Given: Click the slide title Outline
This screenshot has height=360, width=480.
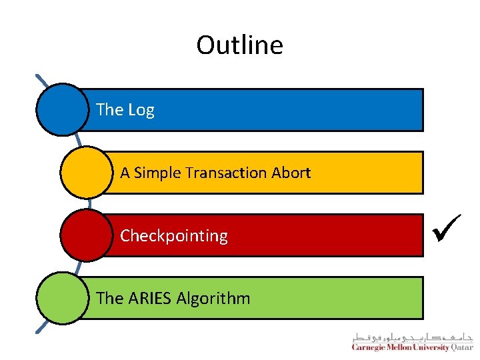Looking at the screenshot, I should point(239,45).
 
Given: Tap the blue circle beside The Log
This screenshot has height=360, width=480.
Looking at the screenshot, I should point(62,109).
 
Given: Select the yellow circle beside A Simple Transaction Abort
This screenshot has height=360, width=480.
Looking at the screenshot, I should point(86,173).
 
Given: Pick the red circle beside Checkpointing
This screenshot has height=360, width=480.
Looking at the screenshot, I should point(86,235).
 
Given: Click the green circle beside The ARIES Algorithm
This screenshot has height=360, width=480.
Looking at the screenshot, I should point(62,298).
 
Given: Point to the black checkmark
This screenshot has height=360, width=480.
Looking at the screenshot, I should point(444,233).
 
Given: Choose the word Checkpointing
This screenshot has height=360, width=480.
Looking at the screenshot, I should point(174,236).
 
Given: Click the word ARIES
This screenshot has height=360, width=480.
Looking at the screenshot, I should point(149,298).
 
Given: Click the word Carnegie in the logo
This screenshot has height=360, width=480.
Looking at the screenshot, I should point(369,347).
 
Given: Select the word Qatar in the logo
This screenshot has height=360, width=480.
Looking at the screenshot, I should point(462,347).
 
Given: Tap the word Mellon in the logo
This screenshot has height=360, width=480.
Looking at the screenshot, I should point(399,347).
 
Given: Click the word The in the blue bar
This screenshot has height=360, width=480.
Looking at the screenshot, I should point(109,109).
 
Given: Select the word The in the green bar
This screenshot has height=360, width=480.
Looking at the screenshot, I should point(109,298).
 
